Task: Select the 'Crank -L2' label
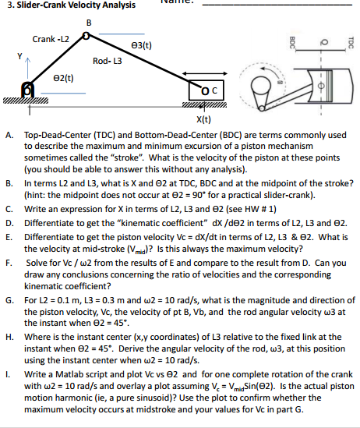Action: pos(51,39)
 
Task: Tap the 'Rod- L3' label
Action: pos(104,60)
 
